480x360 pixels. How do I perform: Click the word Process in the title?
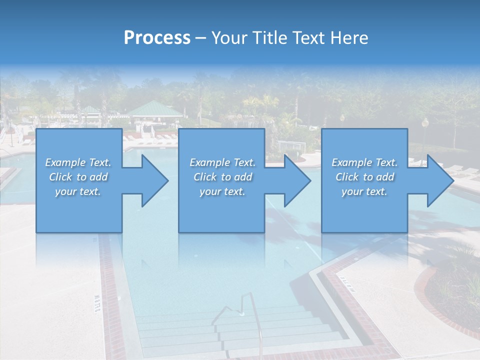point(157,38)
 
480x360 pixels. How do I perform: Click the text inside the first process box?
point(78,177)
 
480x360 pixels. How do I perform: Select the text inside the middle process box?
point(222,177)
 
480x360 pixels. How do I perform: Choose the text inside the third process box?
point(364,177)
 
